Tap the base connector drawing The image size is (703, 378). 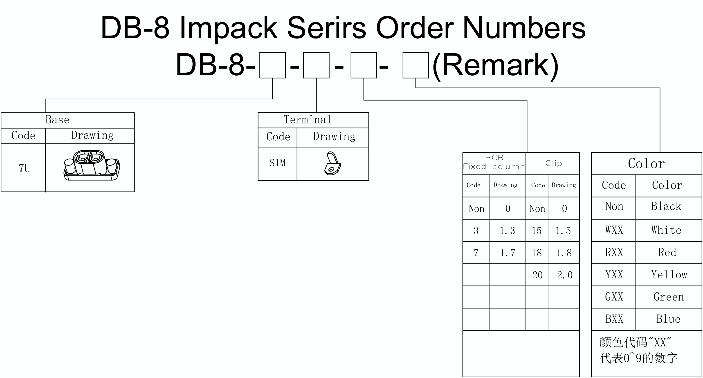92,165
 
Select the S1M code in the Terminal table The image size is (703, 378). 277,163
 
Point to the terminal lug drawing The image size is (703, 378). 332,163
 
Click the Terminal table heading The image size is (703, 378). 308,119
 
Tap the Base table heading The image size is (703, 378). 57,119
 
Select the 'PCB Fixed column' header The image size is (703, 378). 494,162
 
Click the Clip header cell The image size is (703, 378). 553,163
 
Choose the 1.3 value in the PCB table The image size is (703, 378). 507,231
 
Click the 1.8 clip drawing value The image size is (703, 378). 564,253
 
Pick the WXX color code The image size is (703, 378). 614,230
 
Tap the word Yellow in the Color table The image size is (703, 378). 669,274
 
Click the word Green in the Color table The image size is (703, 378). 669,297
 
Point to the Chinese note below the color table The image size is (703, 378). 638,350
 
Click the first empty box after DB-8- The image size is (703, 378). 272,65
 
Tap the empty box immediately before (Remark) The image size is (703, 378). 416,65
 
